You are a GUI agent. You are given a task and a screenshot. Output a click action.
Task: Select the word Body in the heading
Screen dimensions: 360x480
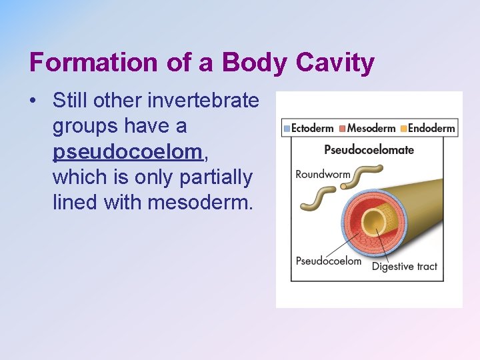coord(248,63)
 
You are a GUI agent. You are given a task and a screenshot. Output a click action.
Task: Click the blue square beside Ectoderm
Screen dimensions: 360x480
coord(287,128)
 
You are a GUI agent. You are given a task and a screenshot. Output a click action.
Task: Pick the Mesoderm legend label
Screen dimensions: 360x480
coord(371,128)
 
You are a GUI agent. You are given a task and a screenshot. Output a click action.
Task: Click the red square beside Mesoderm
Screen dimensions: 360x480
coord(342,128)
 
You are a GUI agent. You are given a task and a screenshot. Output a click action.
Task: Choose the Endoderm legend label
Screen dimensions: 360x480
coord(431,128)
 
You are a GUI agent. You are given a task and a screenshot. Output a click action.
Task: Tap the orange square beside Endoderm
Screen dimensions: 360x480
coord(403,128)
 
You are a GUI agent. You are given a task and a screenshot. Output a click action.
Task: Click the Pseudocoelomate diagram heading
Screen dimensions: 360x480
coord(369,149)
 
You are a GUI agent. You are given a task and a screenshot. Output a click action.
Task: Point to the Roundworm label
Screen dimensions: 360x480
coord(323,175)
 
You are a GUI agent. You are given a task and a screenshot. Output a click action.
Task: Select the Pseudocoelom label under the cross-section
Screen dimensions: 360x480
coord(329,261)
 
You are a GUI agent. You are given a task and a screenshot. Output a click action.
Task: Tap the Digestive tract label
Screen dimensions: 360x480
coord(404,267)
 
